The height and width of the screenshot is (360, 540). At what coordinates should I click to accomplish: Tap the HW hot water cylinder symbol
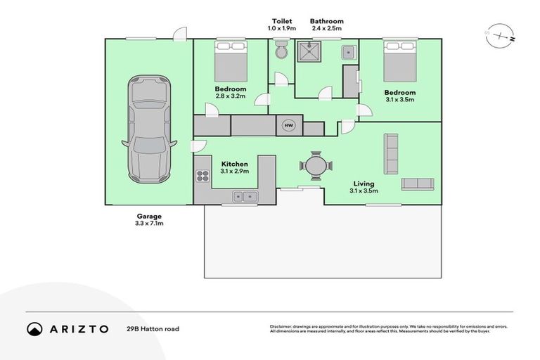(x=288, y=125)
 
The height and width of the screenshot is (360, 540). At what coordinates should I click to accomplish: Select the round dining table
(x=314, y=167)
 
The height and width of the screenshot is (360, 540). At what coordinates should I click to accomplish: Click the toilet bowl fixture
(x=281, y=51)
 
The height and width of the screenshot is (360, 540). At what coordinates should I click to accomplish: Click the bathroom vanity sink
(x=348, y=52)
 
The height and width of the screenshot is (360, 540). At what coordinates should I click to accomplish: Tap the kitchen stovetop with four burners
(x=203, y=174)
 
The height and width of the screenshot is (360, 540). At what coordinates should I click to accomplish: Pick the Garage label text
(x=148, y=216)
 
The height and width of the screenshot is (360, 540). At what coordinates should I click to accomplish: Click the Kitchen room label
(x=234, y=164)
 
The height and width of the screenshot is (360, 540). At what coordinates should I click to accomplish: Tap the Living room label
(x=364, y=184)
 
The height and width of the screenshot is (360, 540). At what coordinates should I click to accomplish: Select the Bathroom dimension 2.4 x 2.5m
(x=326, y=29)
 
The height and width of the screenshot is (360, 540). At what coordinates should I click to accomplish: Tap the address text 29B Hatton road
(x=153, y=328)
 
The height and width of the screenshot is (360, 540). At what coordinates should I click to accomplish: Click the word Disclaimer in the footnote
(x=283, y=326)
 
